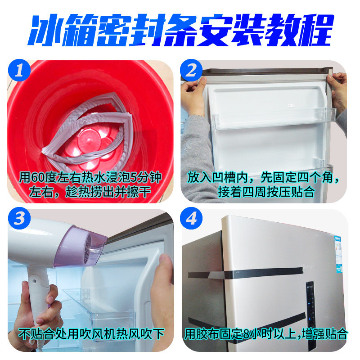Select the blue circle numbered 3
[19, 220]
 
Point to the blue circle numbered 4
[192, 220]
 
